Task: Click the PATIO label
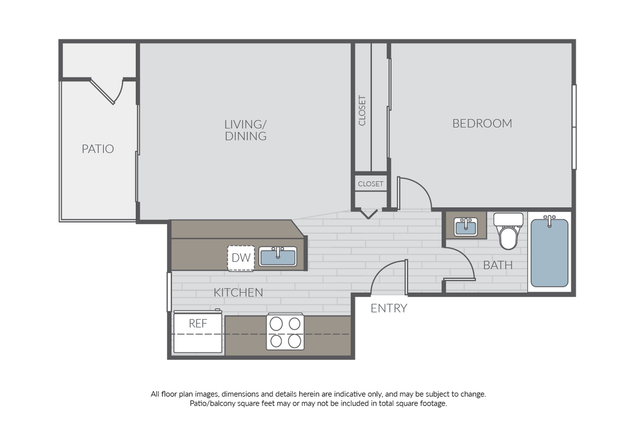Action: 98,149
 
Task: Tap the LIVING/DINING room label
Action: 246,130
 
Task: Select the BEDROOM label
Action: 482,123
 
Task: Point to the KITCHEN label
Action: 238,292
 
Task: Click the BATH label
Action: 498,265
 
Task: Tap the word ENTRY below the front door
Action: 389,308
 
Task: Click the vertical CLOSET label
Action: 362,110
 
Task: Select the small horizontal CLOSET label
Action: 370,184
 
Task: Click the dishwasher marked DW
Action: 241,258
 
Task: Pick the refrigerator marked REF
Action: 198,332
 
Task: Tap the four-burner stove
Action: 285,331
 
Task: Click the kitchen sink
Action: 277,256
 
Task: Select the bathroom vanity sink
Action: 466,227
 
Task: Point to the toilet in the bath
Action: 509,231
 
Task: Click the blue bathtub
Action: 550,253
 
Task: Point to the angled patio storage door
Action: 102,91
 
